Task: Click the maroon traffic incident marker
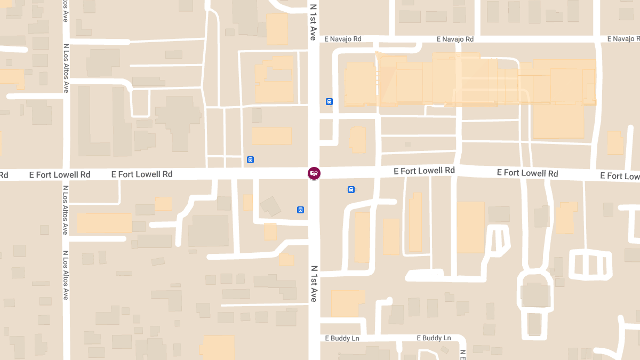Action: [x=314, y=173]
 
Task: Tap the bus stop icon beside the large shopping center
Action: [x=329, y=101]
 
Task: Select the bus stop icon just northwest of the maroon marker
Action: [x=250, y=159]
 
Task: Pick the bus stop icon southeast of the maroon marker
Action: [x=351, y=189]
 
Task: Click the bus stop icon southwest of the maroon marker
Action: [x=300, y=210]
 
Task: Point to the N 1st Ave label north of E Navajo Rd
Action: [x=313, y=21]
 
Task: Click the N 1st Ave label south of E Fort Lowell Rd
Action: [x=314, y=284]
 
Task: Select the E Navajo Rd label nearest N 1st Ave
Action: [x=343, y=39]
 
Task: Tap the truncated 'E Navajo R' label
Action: [x=623, y=39]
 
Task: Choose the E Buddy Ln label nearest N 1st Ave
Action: [x=342, y=338]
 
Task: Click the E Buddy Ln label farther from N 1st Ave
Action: [x=434, y=338]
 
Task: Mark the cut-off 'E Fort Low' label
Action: [x=620, y=176]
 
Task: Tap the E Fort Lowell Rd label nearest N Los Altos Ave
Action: [x=60, y=174]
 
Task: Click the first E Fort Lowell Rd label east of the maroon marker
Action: [x=424, y=171]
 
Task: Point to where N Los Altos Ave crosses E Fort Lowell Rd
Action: [x=66, y=174]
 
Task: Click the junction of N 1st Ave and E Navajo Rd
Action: [x=314, y=39]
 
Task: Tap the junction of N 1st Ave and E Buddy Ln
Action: [x=314, y=338]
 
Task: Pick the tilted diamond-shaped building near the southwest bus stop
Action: [x=270, y=206]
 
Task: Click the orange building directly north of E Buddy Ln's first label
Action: [x=348, y=303]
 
